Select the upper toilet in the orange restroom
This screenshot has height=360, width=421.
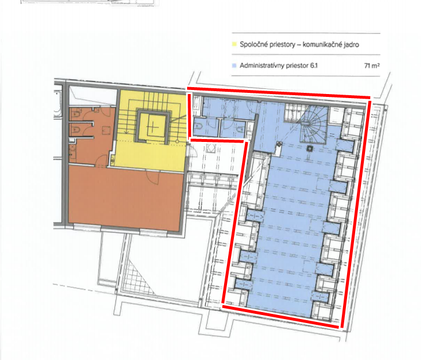[75, 114]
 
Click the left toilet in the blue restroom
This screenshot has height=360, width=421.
[198, 126]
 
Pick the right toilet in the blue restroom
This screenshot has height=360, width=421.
[237, 127]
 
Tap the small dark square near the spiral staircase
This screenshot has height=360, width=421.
[310, 148]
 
